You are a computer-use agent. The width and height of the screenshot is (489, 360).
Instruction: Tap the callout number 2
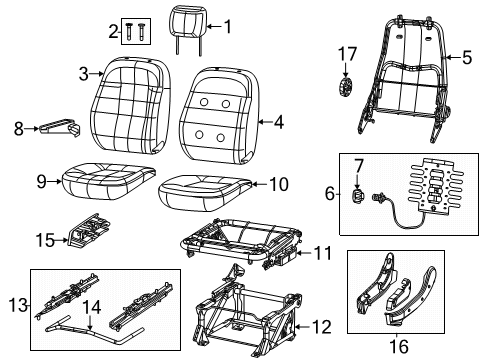[x=111, y=33]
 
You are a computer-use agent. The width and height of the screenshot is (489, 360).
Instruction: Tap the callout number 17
[x=345, y=52]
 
